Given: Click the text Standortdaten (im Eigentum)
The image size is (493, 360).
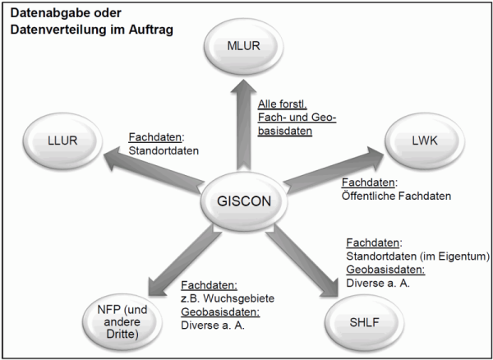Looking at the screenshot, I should click(418, 256).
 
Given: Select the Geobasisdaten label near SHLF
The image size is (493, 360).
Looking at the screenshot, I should click(385, 269).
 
